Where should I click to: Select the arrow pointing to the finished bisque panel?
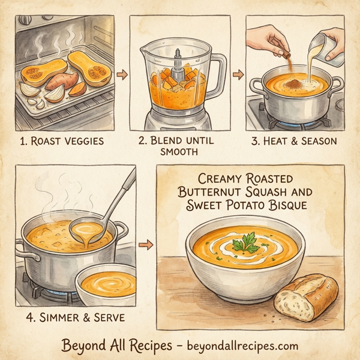[145, 245]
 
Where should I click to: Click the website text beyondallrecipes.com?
[244, 346]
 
